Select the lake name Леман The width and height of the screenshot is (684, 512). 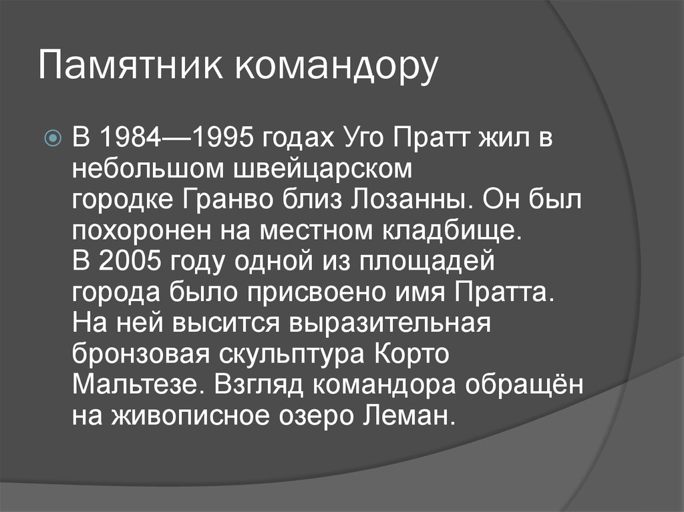(x=408, y=416)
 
